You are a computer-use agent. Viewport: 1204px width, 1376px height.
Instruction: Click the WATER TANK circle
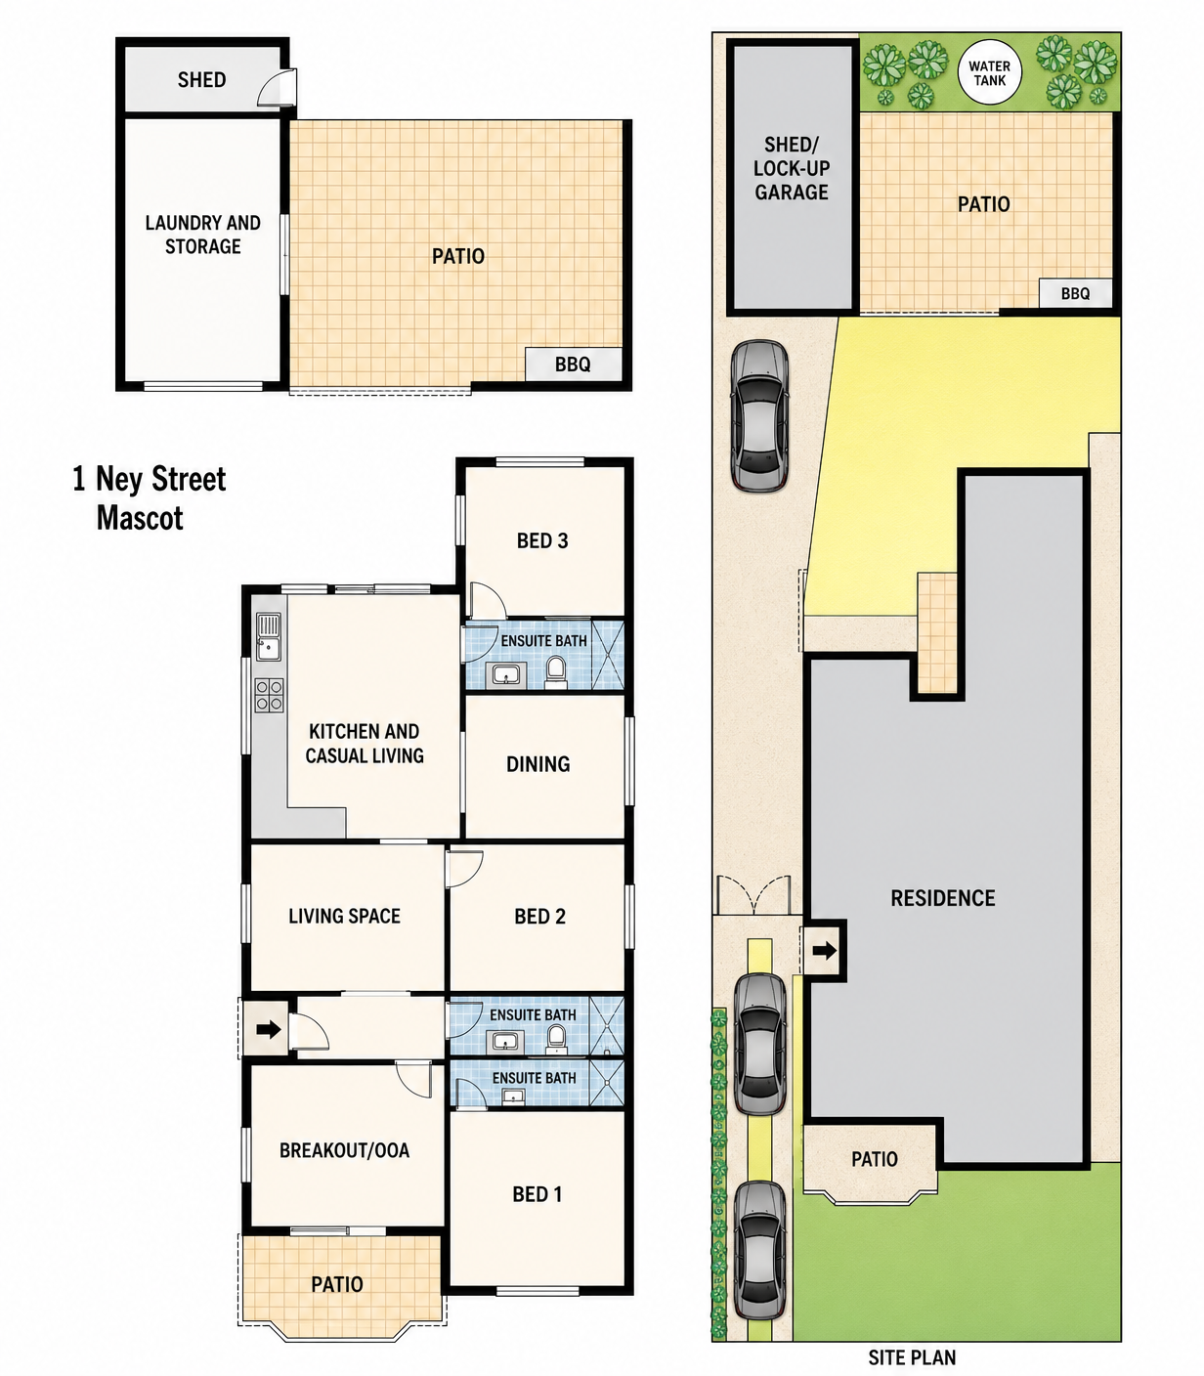point(989,73)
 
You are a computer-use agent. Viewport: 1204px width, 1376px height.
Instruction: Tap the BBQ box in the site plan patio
point(1075,293)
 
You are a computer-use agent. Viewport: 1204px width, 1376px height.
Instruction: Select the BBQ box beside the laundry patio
point(573,364)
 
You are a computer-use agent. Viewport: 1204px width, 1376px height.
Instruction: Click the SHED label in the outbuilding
point(201,80)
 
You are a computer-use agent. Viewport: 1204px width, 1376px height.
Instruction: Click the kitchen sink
point(269,636)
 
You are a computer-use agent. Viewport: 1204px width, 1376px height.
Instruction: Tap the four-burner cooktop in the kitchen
point(269,696)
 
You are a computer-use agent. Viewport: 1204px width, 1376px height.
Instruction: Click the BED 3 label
point(542,540)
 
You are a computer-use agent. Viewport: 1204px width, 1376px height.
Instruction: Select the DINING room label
point(538,764)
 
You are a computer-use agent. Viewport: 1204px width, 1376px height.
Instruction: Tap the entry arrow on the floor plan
point(269,1029)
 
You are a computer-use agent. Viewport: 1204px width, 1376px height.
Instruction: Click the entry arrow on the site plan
point(824,950)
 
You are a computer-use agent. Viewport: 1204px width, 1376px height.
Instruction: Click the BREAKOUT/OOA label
point(344,1150)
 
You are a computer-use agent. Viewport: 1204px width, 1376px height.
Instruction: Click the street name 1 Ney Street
point(150,479)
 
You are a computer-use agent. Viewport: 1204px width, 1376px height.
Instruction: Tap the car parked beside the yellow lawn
point(759,415)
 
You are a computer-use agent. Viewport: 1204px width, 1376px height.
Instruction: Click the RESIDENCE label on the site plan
point(943,898)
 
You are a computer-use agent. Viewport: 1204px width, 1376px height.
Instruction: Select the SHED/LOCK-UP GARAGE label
point(792,168)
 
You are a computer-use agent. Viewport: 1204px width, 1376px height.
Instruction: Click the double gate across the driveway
point(754,896)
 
